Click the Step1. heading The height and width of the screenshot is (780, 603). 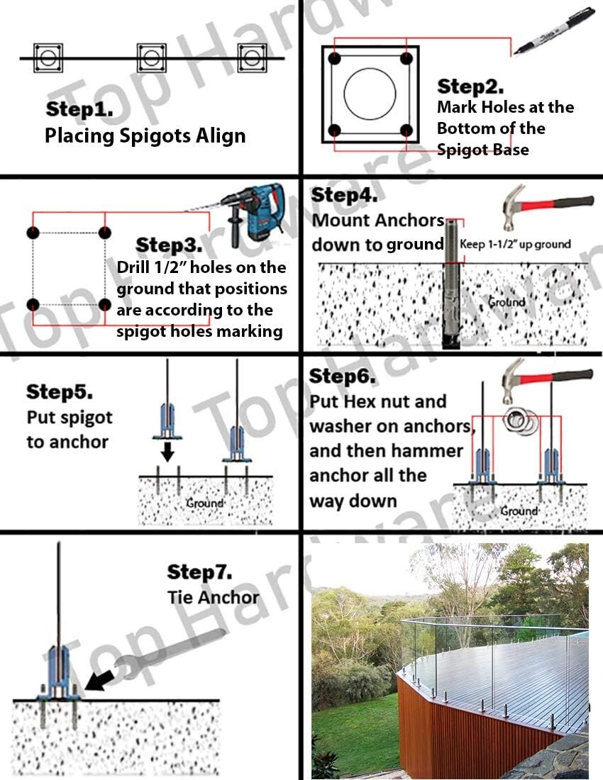click(x=79, y=109)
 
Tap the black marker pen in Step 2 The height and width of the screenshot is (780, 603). click(x=554, y=30)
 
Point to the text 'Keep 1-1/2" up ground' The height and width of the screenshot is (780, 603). click(x=515, y=244)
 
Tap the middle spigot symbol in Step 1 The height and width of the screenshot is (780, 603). click(x=151, y=58)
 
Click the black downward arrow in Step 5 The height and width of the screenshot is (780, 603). click(x=167, y=451)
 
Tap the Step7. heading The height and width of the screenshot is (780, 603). click(x=199, y=572)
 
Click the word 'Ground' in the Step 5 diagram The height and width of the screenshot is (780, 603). click(x=204, y=503)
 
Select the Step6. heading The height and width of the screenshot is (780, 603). click(x=343, y=376)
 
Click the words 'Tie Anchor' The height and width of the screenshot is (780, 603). click(x=214, y=598)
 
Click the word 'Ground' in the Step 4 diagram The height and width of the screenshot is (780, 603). click(x=507, y=302)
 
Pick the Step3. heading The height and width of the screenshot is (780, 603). click(x=169, y=245)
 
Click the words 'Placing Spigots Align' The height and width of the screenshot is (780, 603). click(x=145, y=135)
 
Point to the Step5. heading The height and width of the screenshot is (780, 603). click(x=60, y=392)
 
